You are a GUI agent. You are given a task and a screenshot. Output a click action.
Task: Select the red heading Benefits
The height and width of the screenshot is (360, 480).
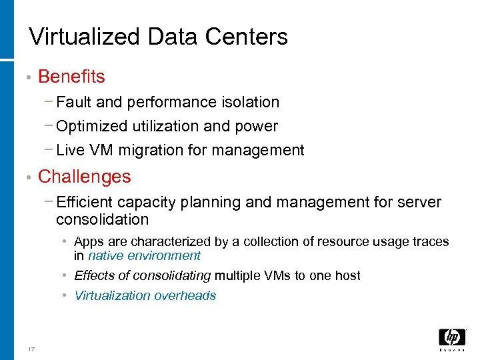[x=71, y=77]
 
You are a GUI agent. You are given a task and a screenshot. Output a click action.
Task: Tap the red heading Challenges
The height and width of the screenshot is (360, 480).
[x=85, y=177]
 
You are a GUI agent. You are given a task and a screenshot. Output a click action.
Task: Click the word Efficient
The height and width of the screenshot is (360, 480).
[x=85, y=202]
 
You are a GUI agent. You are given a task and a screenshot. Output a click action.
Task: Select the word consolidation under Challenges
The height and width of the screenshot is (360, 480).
[x=102, y=219]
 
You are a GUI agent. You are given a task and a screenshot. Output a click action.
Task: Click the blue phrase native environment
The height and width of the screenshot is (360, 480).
[x=144, y=255]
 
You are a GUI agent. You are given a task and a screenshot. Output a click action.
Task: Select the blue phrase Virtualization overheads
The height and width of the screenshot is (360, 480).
[x=145, y=295]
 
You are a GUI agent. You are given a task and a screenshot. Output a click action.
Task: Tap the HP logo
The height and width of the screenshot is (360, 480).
[x=452, y=337]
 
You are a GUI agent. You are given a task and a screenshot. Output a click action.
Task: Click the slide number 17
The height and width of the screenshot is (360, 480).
[x=31, y=349]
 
